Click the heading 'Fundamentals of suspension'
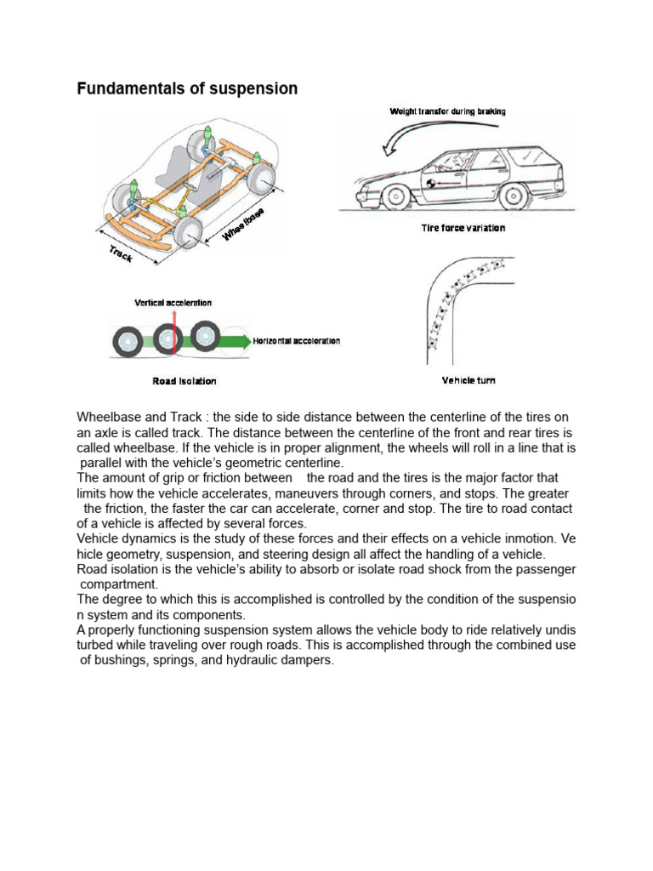(187, 88)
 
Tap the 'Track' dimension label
(120, 253)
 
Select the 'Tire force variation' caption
(463, 228)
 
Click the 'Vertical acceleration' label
(173, 303)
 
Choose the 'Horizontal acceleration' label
(297, 341)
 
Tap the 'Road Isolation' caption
(185, 381)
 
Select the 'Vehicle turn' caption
(468, 380)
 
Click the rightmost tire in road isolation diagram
(205, 336)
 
